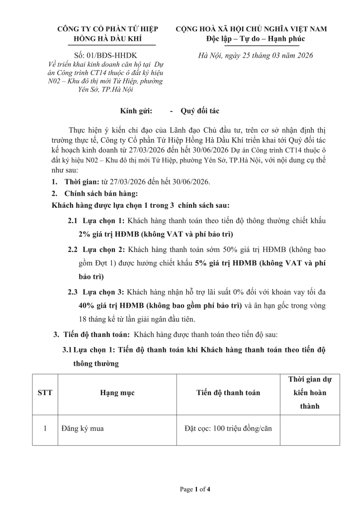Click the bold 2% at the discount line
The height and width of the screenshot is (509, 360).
click(85, 233)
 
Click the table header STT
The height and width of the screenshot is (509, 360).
click(45, 393)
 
